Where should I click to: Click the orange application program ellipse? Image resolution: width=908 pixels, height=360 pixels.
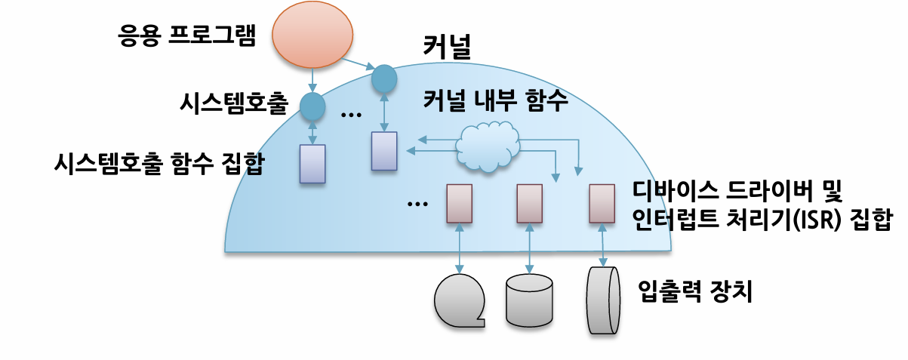312,35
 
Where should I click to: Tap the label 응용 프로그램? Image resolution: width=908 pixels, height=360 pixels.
187,35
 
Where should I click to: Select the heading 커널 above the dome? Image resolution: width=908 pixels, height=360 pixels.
447,47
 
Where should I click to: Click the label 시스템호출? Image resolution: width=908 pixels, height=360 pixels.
234,103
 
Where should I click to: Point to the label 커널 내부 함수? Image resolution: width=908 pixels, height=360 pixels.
495,100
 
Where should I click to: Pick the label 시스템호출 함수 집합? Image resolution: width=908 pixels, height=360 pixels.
159,163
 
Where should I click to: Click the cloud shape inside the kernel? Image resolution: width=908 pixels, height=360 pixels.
488,146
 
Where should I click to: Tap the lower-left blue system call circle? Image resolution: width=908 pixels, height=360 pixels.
312,106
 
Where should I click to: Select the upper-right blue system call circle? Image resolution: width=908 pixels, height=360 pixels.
384,78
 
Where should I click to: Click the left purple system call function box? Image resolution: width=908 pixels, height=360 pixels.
312,164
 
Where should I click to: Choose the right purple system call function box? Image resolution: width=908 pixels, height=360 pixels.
384,151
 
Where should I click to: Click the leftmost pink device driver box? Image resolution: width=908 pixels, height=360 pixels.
459,204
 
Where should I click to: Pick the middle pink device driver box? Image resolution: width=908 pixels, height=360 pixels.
529,204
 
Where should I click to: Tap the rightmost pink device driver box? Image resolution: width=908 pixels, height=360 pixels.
602,204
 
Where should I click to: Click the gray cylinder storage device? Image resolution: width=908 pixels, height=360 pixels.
529,300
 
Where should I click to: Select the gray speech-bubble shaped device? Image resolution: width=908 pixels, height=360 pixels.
459,300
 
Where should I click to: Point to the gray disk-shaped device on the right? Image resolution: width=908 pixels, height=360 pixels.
603,300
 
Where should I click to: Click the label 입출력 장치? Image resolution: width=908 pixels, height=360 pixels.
695,291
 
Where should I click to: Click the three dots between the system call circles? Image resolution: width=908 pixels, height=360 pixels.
351,115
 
